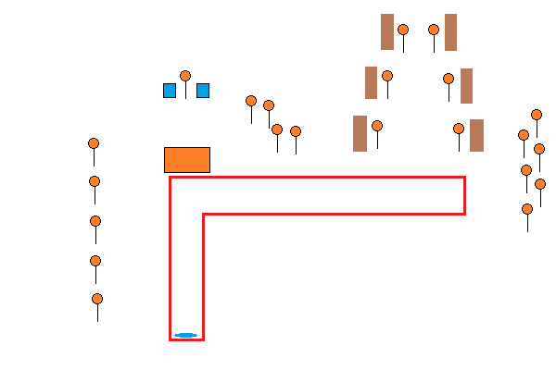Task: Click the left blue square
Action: [x=170, y=91]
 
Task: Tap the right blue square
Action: [x=203, y=91]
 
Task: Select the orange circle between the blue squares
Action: [x=185, y=76]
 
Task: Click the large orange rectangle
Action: [x=187, y=160]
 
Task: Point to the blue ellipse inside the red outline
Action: [x=185, y=335]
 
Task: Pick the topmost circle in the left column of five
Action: [x=94, y=143]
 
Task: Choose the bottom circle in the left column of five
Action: [x=97, y=299]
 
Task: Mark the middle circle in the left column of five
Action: [x=95, y=221]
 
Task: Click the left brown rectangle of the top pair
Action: [x=387, y=31]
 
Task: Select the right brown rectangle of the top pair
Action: [x=450, y=32]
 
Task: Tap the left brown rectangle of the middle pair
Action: [x=371, y=82]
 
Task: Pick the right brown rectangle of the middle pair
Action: [x=466, y=86]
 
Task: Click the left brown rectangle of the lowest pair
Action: [x=360, y=133]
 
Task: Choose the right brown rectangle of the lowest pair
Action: [x=476, y=135]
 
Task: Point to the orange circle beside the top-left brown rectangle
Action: [x=403, y=30]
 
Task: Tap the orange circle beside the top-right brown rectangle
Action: [x=434, y=30]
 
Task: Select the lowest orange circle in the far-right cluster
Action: [x=527, y=209]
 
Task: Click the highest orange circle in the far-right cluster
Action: [x=537, y=115]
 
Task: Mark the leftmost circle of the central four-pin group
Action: [x=251, y=101]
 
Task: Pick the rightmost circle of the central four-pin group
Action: [x=296, y=131]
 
